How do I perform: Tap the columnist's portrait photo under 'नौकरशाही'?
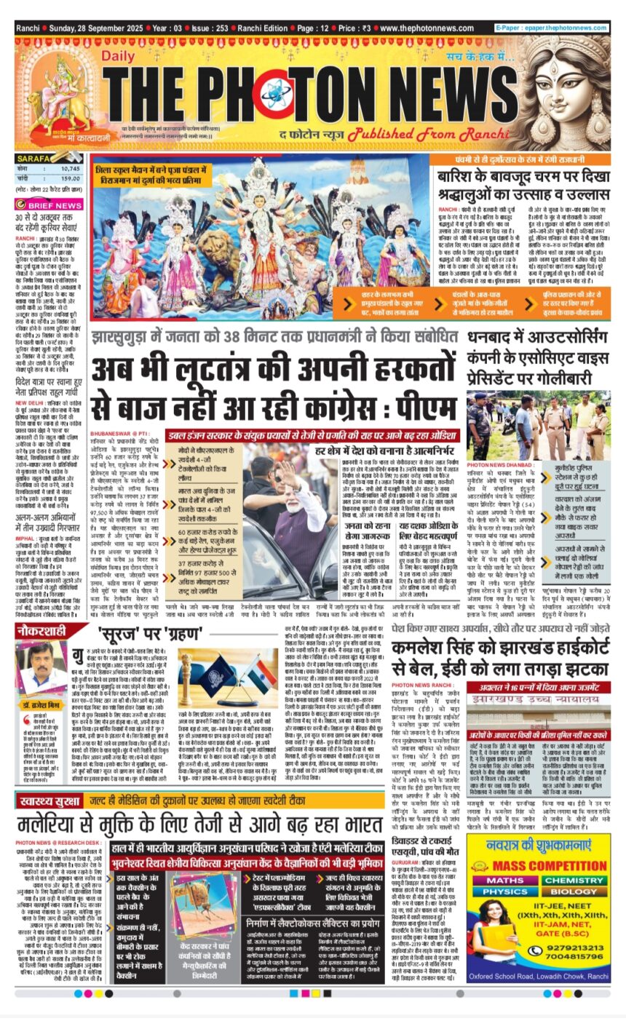[x=43, y=667]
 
